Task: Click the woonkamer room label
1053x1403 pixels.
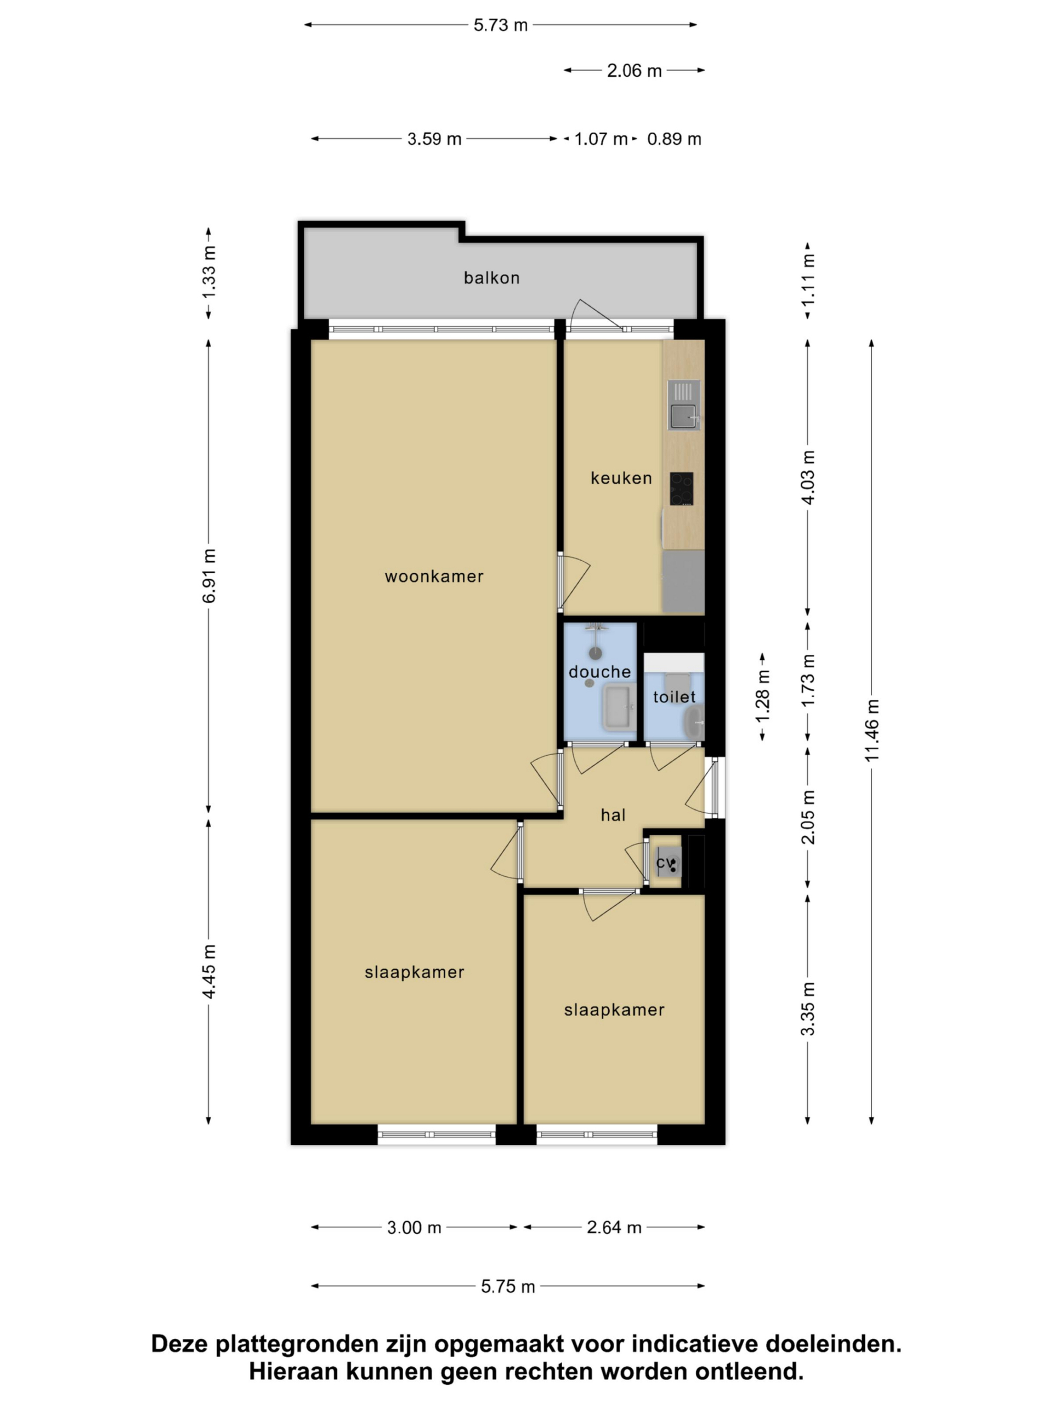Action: click(434, 577)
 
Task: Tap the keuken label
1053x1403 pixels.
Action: click(621, 478)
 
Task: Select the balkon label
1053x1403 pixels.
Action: click(492, 278)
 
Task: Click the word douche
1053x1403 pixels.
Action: click(600, 672)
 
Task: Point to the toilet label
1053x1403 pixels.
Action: click(675, 697)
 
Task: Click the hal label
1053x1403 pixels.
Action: click(613, 815)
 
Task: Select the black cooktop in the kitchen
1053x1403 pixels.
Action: click(682, 488)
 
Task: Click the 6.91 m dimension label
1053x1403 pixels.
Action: click(210, 576)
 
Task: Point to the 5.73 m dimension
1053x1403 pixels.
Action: click(501, 25)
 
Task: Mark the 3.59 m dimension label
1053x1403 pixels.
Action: click(434, 139)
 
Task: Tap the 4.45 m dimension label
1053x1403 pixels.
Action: click(210, 972)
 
